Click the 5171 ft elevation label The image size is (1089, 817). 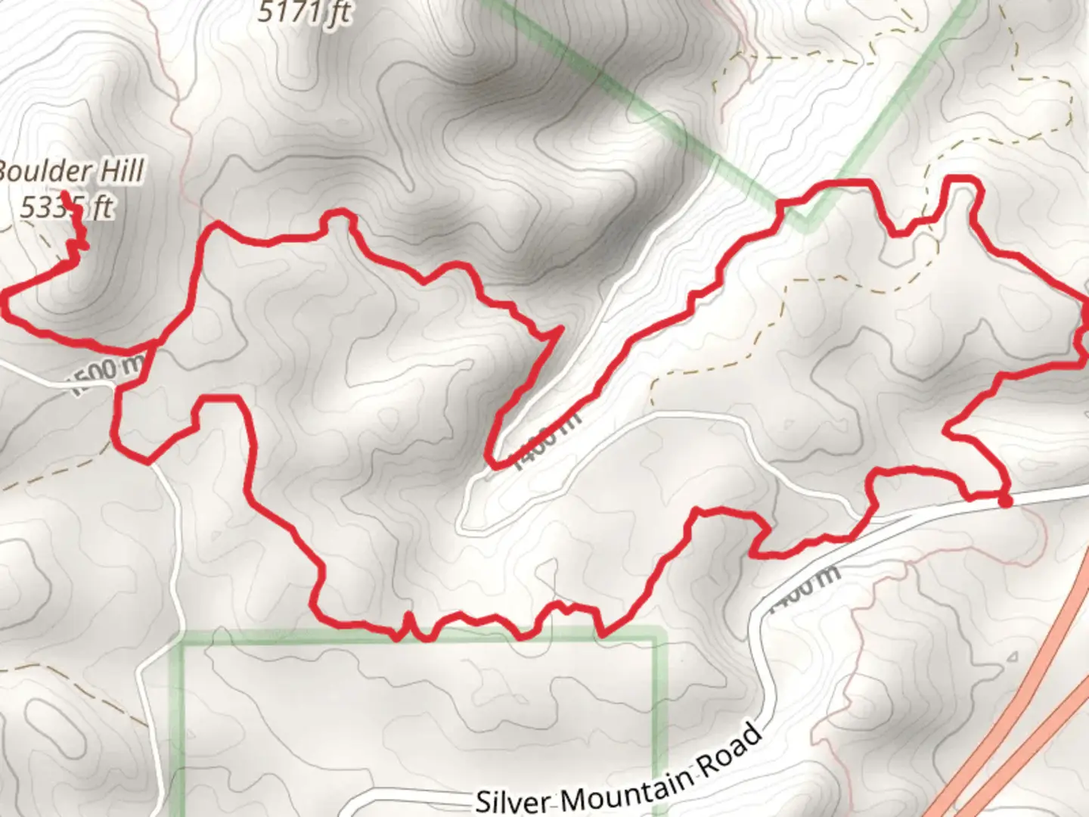(304, 13)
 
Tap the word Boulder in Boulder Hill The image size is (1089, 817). (45, 172)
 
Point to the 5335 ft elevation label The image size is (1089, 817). (67, 207)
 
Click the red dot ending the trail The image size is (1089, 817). (1005, 500)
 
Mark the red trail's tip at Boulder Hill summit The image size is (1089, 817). (66, 196)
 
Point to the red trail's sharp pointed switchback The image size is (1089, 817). (560, 329)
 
